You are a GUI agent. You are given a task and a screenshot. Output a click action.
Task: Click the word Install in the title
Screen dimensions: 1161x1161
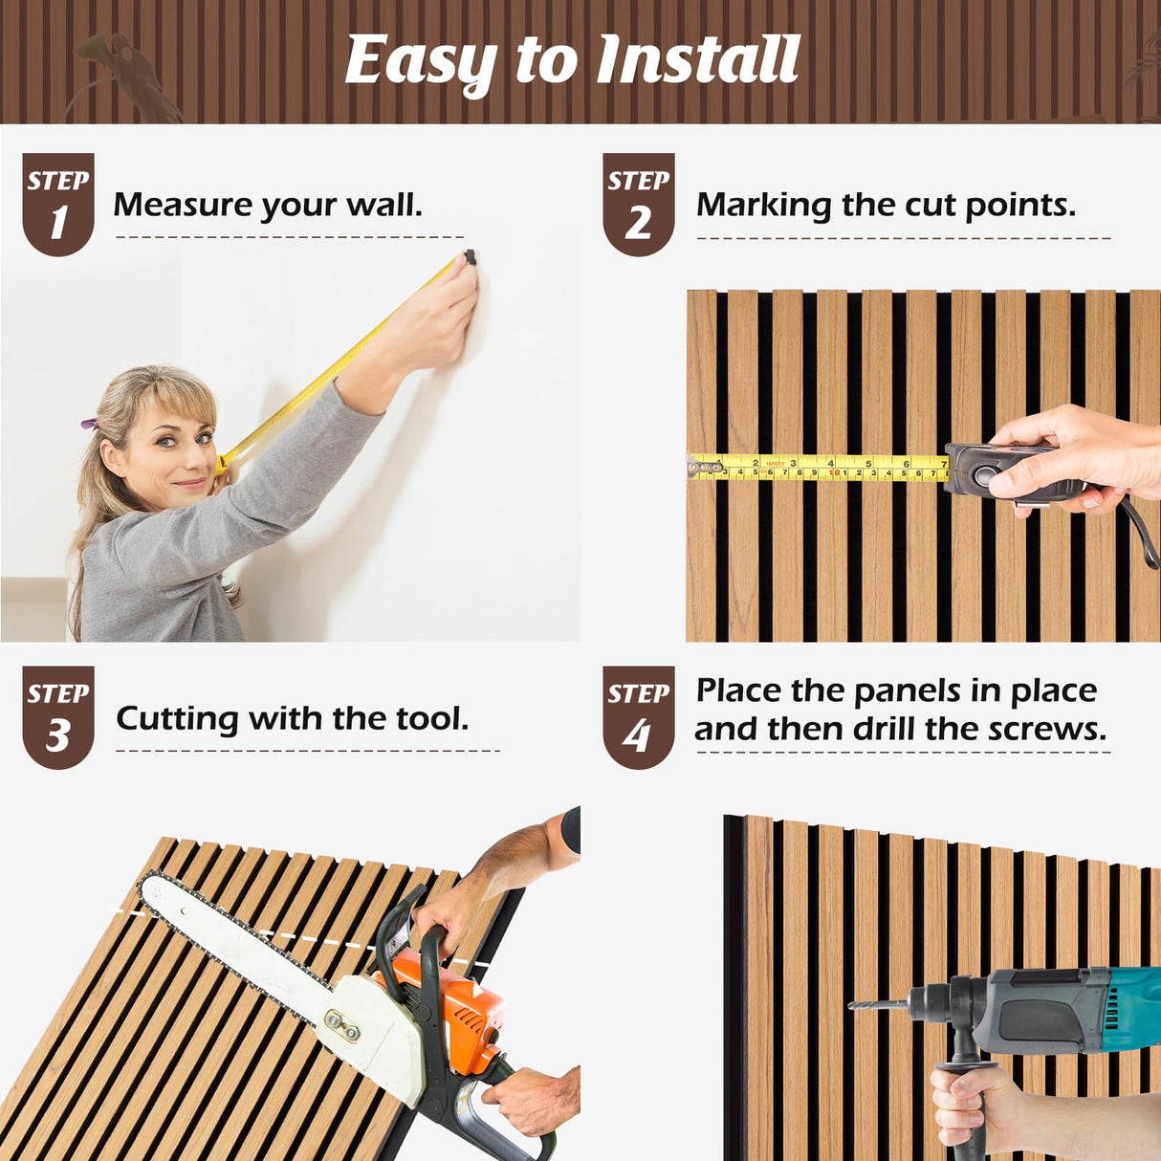(x=698, y=59)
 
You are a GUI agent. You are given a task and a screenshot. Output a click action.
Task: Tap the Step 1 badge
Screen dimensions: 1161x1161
(x=57, y=204)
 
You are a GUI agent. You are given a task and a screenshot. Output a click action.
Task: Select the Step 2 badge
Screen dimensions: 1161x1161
(x=639, y=204)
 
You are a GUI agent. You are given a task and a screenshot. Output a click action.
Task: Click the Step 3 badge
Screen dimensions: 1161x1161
(x=57, y=717)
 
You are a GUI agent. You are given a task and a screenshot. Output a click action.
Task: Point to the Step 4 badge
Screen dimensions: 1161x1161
(x=639, y=717)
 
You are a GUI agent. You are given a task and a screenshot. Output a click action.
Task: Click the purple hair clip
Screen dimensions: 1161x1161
(x=89, y=424)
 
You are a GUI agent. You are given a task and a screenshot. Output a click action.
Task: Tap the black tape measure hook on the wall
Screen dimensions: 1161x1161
(x=470, y=257)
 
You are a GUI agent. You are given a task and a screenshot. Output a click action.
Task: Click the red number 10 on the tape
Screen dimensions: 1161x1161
(x=834, y=473)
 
